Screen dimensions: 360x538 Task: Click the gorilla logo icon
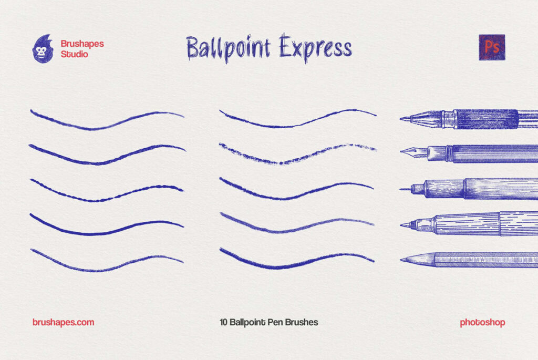pyautogui.click(x=43, y=49)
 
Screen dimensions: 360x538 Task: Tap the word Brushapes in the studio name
pyautogui.click(x=82, y=44)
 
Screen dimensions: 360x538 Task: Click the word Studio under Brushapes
pyautogui.click(x=75, y=54)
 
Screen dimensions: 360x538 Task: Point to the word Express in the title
pyautogui.click(x=315, y=48)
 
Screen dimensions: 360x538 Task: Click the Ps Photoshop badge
pyautogui.click(x=492, y=47)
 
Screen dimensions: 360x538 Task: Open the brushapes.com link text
pyautogui.click(x=63, y=322)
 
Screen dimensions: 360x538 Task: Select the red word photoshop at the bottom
pyautogui.click(x=482, y=322)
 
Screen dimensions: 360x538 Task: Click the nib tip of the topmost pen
pyautogui.click(x=403, y=119)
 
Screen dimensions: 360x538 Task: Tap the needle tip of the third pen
pyautogui.click(x=403, y=189)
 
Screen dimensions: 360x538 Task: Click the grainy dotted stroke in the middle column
pyautogui.click(x=297, y=154)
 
